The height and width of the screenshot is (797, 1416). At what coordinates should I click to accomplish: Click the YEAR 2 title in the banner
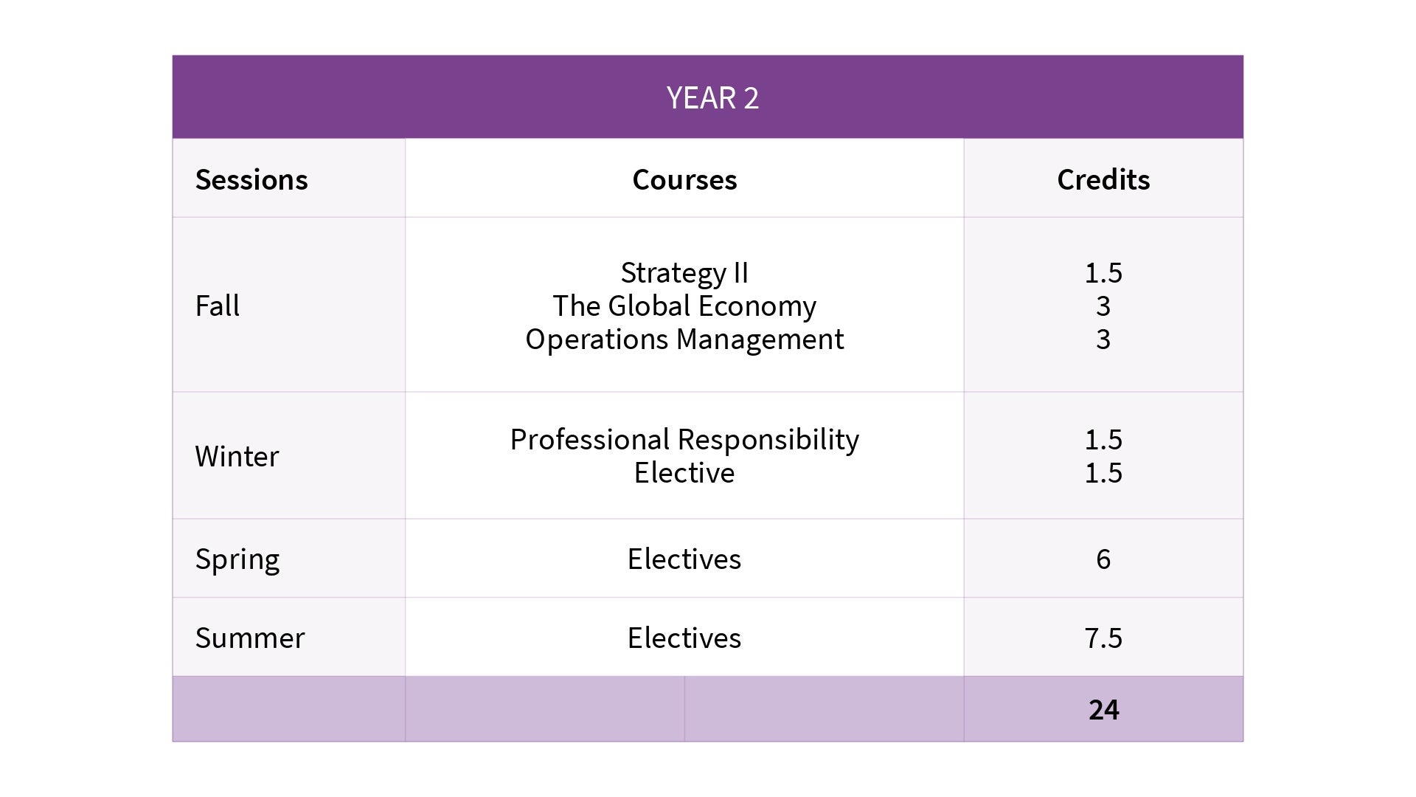pos(712,98)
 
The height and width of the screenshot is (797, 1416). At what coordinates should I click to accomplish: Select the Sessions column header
pos(251,180)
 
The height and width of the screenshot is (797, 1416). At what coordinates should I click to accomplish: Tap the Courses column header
pos(684,180)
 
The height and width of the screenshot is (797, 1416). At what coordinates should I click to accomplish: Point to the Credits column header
pos(1103,180)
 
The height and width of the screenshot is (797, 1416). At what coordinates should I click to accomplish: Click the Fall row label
pos(218,306)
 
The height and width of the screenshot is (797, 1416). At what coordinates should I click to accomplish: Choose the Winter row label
pos(237,457)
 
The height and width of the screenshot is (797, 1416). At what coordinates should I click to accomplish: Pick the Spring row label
pos(237,559)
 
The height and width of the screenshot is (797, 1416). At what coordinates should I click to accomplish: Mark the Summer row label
pos(250,638)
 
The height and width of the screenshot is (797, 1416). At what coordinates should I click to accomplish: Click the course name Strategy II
pos(684,273)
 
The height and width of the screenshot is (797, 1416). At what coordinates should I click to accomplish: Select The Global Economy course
pos(684,306)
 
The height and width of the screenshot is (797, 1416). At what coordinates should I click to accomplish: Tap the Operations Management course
pos(684,339)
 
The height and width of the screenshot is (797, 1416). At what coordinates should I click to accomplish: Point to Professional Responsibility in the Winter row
pos(684,440)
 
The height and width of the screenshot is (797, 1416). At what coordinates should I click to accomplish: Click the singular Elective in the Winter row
pos(684,473)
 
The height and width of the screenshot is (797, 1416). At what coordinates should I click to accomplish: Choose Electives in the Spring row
pos(684,559)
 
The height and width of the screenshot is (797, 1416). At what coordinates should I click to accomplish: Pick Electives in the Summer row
pos(684,638)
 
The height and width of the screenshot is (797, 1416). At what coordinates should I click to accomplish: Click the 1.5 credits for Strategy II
pos(1103,273)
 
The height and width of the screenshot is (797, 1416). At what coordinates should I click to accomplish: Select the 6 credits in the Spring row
pos(1103,559)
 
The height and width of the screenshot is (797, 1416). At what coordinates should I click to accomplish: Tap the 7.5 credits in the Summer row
pos(1103,638)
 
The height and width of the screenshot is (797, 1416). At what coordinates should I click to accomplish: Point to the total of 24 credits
pos(1103,710)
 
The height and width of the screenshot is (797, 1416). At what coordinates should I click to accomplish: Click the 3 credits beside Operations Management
pos(1103,339)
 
